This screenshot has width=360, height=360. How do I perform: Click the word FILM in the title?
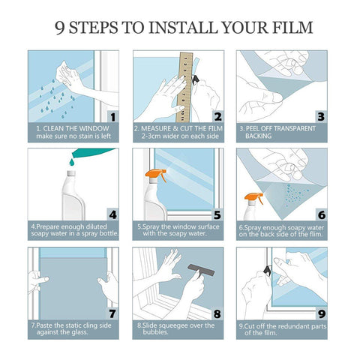tap(287, 27)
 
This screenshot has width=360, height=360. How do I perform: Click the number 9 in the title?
tap(61, 27)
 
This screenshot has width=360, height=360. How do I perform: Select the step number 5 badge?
tap(217, 214)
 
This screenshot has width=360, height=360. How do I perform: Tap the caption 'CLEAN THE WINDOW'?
tap(72, 128)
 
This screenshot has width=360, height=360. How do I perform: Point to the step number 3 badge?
tap(320, 116)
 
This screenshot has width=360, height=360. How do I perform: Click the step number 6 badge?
tap(320, 214)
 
